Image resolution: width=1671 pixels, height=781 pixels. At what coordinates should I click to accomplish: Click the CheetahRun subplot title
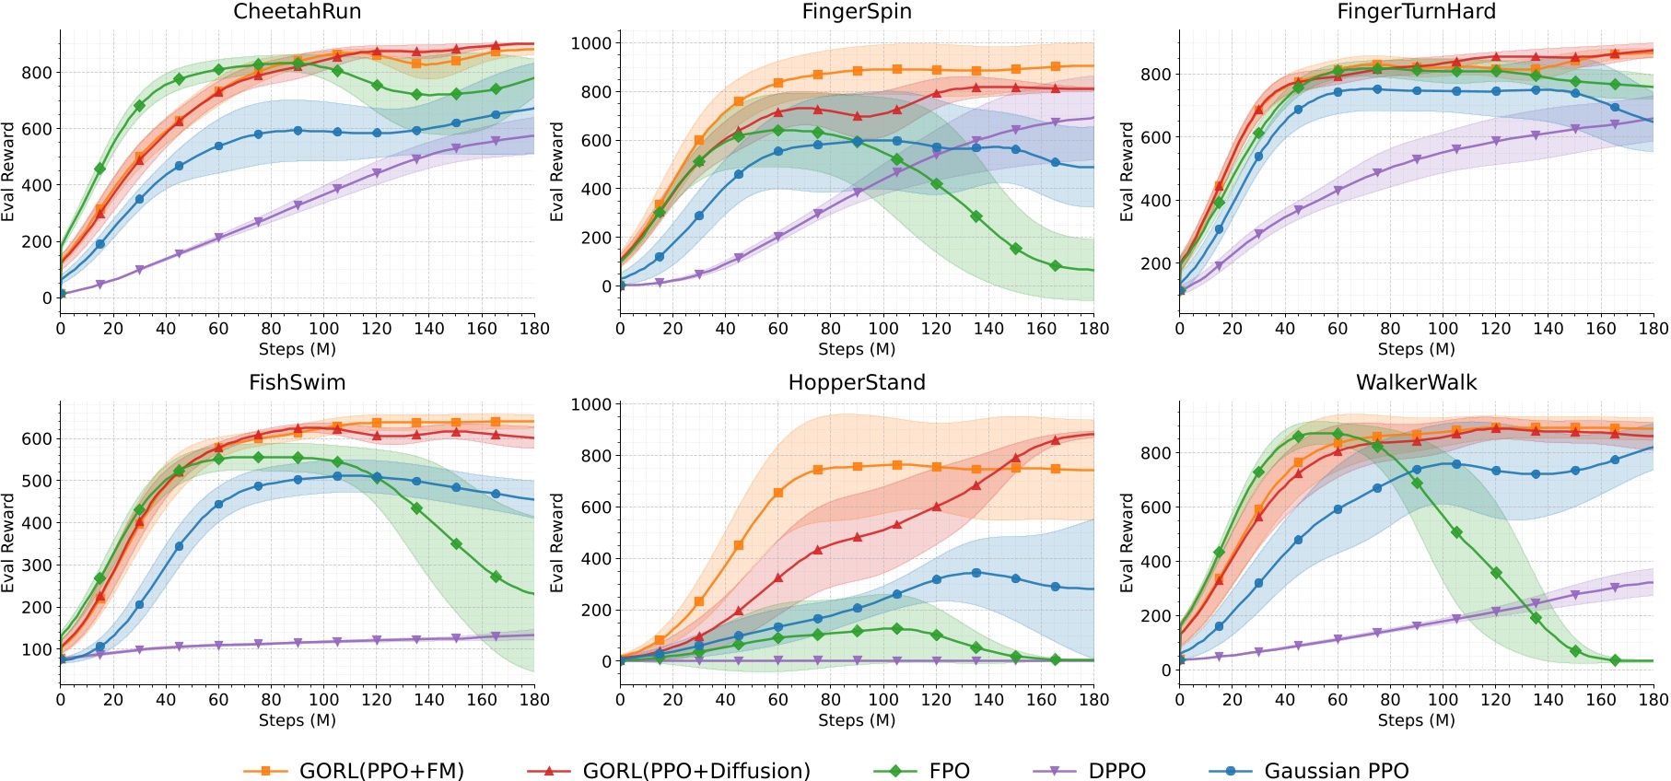(x=297, y=12)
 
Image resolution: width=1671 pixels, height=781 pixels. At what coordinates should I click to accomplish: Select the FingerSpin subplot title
(x=857, y=12)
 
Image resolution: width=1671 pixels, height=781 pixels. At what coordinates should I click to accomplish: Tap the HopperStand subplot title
(x=857, y=382)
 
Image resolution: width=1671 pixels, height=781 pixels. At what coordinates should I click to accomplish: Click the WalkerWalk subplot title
(x=1416, y=382)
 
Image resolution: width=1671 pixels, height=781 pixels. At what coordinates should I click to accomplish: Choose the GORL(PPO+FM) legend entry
(x=355, y=770)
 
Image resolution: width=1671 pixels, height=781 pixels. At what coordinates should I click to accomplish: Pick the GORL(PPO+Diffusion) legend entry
(x=669, y=770)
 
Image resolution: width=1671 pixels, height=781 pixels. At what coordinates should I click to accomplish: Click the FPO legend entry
(x=921, y=770)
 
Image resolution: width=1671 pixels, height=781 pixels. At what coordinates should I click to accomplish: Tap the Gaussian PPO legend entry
(x=1308, y=770)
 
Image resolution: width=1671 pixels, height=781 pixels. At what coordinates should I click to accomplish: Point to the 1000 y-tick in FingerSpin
(x=590, y=43)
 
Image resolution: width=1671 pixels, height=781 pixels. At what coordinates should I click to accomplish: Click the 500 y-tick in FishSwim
(x=37, y=481)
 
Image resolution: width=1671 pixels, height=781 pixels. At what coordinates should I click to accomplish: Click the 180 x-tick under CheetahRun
(x=534, y=329)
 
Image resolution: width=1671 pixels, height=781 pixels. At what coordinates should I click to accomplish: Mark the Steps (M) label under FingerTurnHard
(x=1416, y=349)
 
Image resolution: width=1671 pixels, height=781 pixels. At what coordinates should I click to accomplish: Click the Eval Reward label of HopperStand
(x=556, y=542)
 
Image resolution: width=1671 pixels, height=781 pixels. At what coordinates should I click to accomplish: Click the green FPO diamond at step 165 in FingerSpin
(x=1055, y=266)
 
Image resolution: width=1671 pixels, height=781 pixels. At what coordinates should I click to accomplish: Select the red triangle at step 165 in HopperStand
(x=1055, y=440)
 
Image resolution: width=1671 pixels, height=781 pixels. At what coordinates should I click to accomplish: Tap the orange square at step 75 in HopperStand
(x=817, y=470)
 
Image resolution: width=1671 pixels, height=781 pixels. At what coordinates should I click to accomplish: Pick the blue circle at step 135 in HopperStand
(x=976, y=573)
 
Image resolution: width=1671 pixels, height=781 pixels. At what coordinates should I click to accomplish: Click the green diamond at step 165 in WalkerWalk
(x=1614, y=660)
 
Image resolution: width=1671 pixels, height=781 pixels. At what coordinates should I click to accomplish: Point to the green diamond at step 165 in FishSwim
(x=496, y=577)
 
